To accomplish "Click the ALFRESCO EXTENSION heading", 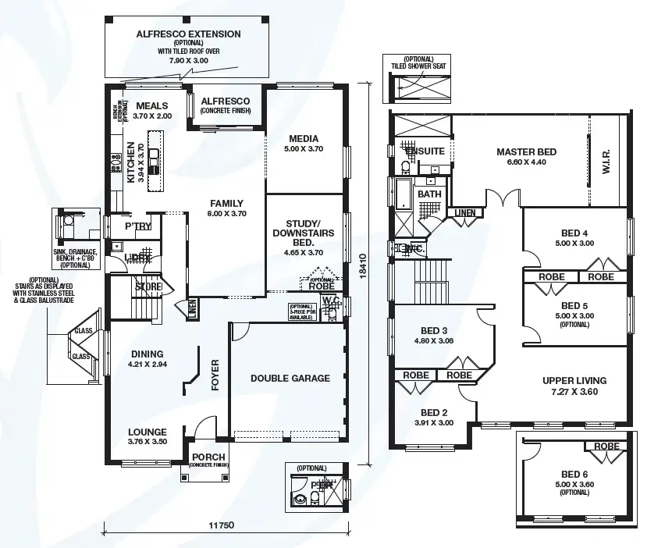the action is tap(188, 34).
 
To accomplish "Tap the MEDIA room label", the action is tap(304, 137).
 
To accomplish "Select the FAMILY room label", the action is tap(226, 203).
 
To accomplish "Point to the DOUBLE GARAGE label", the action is tap(290, 379).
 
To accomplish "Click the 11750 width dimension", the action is tap(222, 525).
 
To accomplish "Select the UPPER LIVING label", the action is tap(574, 381).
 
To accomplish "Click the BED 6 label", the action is tap(574, 474).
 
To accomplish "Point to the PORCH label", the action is tap(208, 457).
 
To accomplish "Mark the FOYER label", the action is tap(216, 374).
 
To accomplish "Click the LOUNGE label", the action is tap(148, 432).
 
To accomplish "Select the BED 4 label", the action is tap(574, 233).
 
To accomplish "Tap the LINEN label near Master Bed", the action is tap(464, 212).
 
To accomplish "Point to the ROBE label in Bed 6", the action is tap(606, 447).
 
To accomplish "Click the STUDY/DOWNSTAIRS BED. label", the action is tap(303, 233).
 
